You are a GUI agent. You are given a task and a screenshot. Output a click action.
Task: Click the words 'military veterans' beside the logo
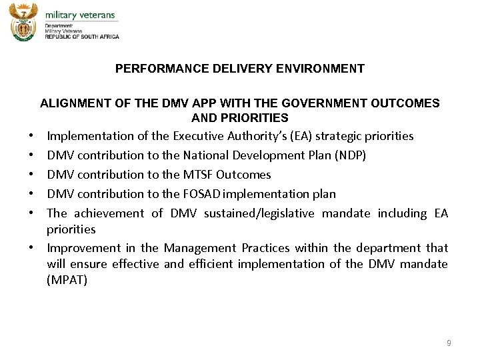click(80, 15)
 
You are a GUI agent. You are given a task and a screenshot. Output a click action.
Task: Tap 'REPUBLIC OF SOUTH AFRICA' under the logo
click(82, 37)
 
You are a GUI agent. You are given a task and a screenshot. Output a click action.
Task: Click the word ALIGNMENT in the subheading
click(70, 103)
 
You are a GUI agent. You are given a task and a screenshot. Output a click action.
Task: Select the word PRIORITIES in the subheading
click(259, 118)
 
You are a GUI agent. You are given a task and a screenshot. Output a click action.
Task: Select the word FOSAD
click(201, 194)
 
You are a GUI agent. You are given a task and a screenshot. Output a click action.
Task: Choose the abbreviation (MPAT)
click(67, 280)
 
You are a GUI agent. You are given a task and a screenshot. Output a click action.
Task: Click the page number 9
click(449, 343)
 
